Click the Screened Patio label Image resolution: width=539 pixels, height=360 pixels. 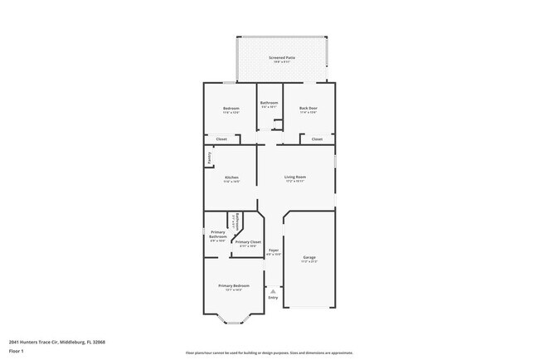click(281, 57)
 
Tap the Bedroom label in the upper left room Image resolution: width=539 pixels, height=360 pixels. click(231, 109)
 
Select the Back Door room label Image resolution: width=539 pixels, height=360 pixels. click(308, 109)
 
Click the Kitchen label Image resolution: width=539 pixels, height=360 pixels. click(231, 178)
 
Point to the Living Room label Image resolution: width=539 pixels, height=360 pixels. click(296, 178)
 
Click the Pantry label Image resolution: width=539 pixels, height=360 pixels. click(208, 156)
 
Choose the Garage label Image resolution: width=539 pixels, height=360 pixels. click(309, 258)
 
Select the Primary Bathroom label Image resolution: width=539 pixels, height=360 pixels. click(218, 234)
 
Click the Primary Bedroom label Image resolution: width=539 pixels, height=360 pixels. click(234, 286)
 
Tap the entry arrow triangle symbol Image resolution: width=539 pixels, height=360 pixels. click(273, 291)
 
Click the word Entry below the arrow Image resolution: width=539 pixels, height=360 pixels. click(273, 298)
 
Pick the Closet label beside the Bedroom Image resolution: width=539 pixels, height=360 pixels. click(221, 139)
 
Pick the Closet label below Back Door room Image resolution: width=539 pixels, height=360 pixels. click(317, 139)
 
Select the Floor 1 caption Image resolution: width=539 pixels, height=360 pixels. click(17, 351)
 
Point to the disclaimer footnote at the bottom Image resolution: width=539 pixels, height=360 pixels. click(269, 353)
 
